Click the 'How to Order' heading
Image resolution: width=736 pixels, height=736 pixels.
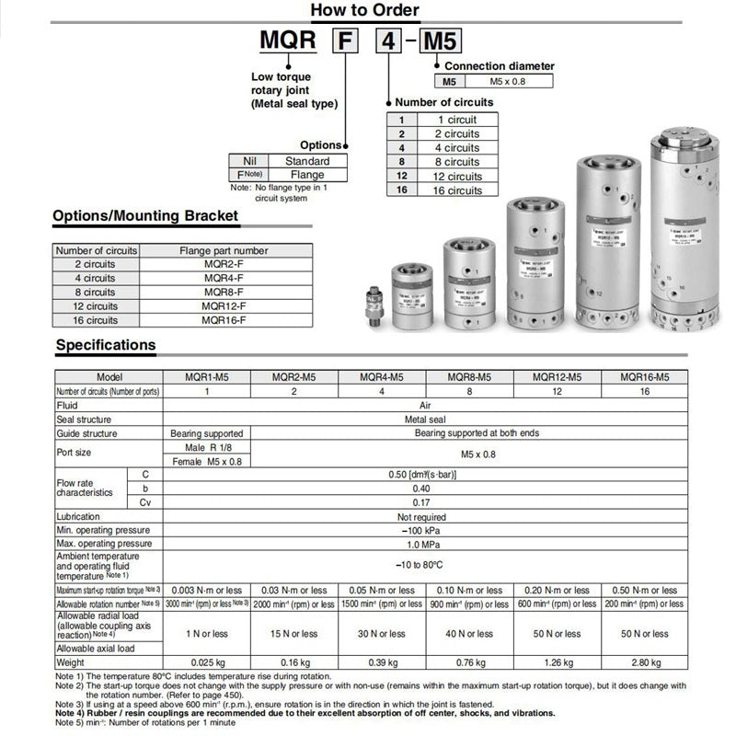[364, 11]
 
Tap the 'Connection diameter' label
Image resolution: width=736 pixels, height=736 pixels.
[500, 66]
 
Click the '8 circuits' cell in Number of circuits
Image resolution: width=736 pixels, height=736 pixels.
[457, 162]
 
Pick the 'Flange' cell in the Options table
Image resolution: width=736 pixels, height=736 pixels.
[307, 174]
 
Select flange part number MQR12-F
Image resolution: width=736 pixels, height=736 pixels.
[224, 305]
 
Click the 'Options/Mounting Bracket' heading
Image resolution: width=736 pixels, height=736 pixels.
[145, 216]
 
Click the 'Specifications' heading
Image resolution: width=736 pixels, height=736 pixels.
[106, 345]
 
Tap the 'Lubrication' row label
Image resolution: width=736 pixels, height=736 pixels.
[78, 517]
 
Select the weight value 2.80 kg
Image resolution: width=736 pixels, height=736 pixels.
[644, 662]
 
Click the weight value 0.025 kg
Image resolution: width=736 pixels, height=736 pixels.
[206, 662]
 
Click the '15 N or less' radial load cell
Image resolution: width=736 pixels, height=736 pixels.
[294, 634]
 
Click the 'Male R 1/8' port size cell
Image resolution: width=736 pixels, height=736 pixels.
[207, 446]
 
